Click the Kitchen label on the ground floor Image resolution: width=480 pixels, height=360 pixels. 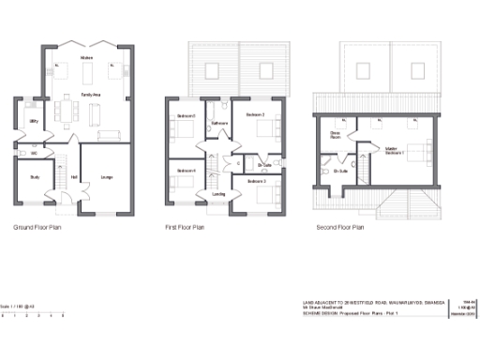click(x=86, y=58)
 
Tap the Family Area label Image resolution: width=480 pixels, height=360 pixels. click(x=91, y=95)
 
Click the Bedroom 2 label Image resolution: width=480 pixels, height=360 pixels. click(x=255, y=114)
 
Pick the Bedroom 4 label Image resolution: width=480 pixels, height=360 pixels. click(x=186, y=170)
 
